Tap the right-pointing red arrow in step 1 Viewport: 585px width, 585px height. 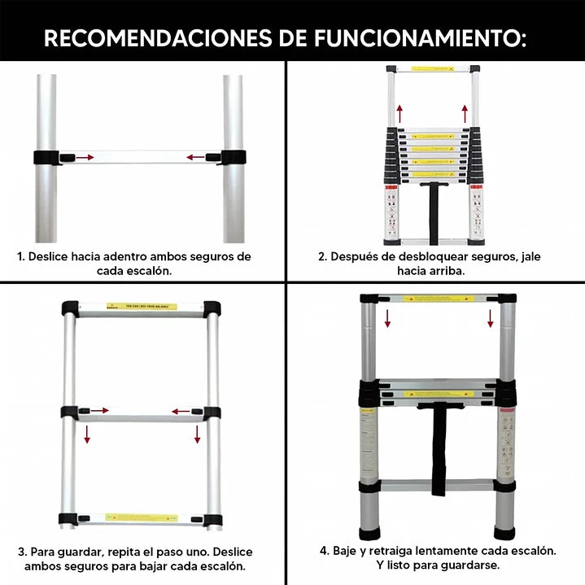(x=85, y=157)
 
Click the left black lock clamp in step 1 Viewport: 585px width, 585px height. (x=50, y=157)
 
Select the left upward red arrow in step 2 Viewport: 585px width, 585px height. (x=399, y=112)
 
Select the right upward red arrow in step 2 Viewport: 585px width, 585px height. (x=465, y=112)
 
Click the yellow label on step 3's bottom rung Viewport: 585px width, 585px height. (x=141, y=518)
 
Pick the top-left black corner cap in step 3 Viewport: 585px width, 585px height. (x=70, y=308)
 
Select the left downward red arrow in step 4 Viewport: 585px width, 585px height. (x=388, y=317)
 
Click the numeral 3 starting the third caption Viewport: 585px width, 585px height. (x=21, y=551)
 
